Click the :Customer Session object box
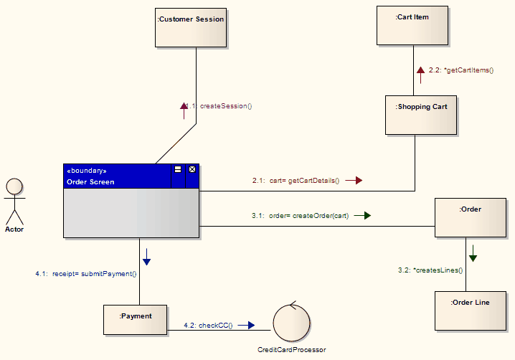pos(191,28)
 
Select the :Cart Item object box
pos(412,26)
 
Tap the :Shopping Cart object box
pos(420,115)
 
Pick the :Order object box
pos(470,217)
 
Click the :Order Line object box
pos(470,310)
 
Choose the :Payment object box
pos(136,320)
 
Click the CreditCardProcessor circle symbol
pos(291,323)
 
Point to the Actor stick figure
pos(14,202)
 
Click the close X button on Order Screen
pos(192,170)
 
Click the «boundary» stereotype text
pos(87,171)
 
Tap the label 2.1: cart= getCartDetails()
pos(296,181)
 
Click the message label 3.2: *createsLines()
pos(430,270)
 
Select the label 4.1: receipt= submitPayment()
pos(86,273)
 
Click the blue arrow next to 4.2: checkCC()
pos(246,325)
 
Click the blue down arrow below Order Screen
pos(146,256)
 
